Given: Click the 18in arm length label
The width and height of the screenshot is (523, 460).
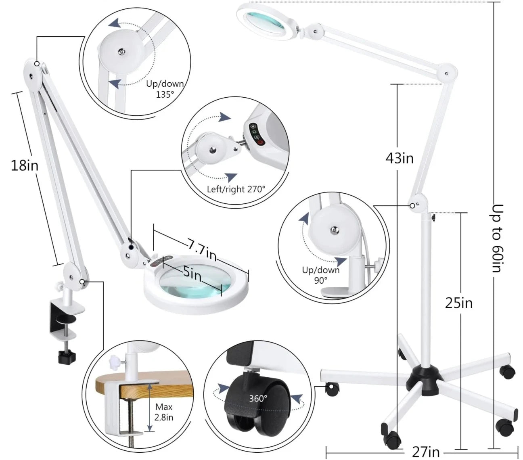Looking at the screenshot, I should [25, 165].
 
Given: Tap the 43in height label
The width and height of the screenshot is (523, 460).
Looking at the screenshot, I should [400, 158].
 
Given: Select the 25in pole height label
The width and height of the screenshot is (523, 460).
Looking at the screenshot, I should [459, 302].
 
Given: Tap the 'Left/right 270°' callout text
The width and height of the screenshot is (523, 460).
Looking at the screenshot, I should [236, 188].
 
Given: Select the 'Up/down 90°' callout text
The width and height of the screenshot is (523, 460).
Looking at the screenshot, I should [321, 275].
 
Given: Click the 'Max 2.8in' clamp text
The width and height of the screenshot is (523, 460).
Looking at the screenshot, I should [164, 412].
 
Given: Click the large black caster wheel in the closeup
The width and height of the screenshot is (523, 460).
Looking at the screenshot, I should [252, 399].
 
